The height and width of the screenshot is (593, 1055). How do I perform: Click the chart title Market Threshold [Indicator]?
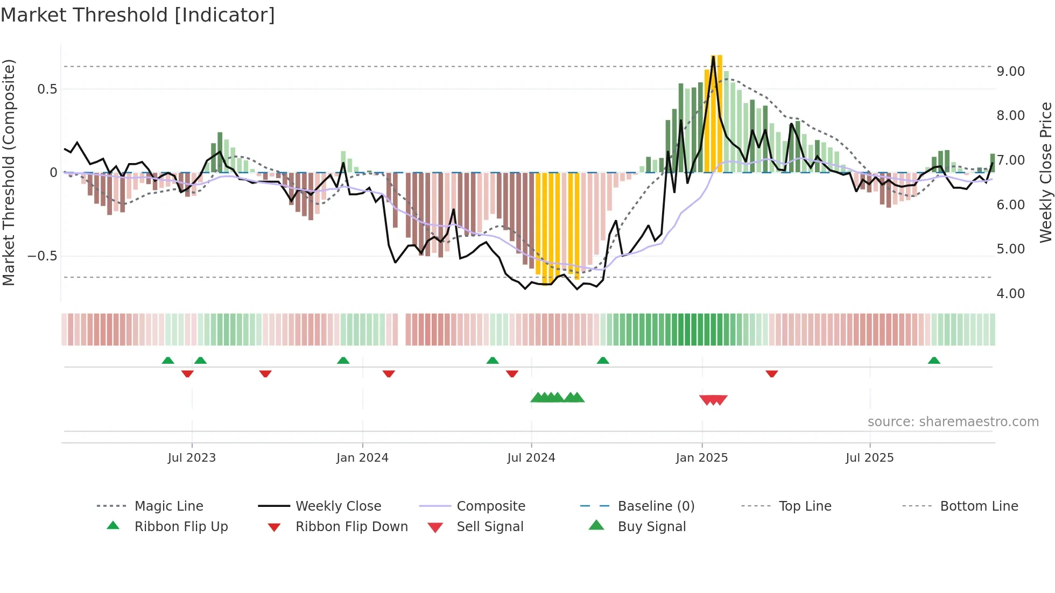click(x=138, y=15)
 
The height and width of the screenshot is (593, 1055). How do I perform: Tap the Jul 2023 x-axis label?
click(x=192, y=458)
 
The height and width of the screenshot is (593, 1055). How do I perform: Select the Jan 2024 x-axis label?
click(x=362, y=458)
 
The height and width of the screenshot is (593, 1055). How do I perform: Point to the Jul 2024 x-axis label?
click(x=531, y=458)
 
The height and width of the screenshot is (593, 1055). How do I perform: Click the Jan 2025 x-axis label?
click(x=702, y=458)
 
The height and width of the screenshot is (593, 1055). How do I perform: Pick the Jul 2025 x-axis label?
click(x=870, y=458)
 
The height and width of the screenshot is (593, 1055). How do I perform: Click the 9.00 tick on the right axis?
click(x=1010, y=72)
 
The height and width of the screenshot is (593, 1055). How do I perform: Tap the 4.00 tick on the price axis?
click(x=1010, y=294)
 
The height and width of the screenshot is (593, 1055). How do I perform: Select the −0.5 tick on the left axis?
click(x=43, y=256)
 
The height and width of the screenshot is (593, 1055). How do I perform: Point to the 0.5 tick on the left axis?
click(x=47, y=89)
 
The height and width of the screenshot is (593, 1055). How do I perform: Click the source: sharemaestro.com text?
click(x=953, y=422)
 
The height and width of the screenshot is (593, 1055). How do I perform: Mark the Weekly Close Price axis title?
click(x=1045, y=172)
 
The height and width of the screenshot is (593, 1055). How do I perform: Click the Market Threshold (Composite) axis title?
click(x=9, y=172)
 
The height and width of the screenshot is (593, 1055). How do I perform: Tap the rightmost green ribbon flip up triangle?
click(x=934, y=361)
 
